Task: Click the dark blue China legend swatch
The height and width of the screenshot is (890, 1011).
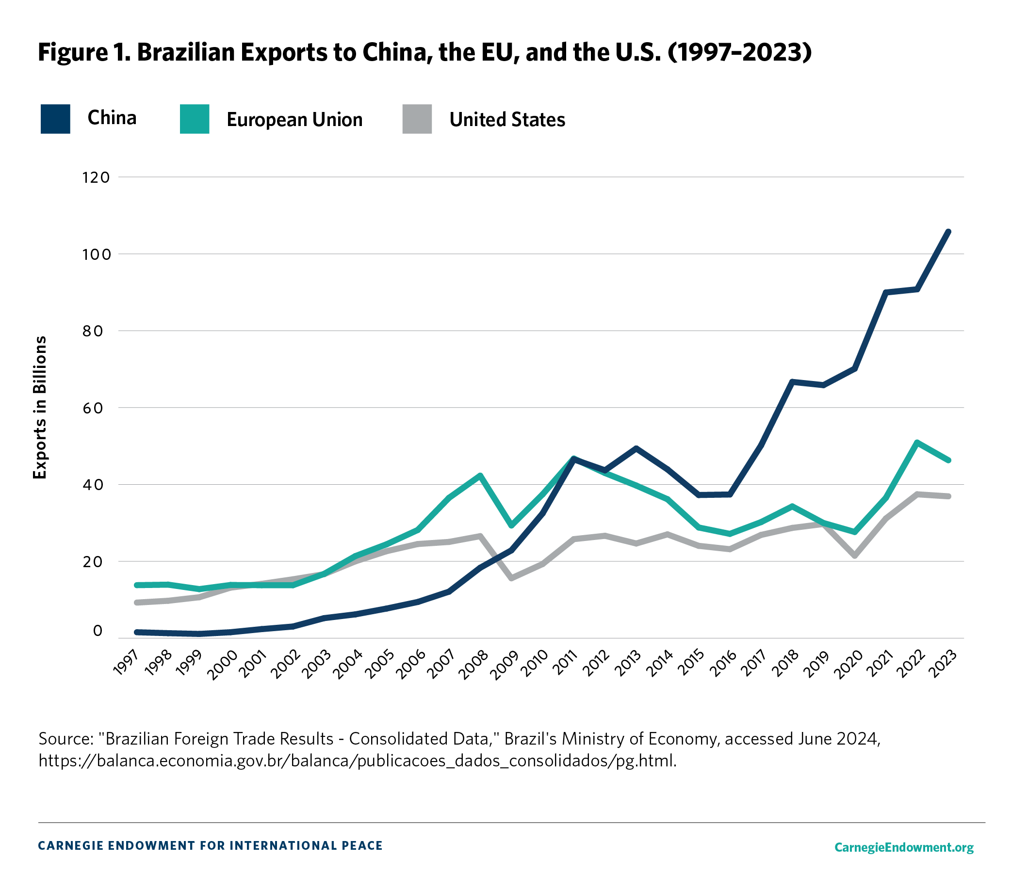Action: click(55, 119)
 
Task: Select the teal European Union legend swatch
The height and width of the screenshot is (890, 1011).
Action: click(195, 119)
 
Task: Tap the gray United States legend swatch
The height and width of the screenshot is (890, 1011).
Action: click(417, 119)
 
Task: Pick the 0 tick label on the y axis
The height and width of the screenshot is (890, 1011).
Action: click(98, 631)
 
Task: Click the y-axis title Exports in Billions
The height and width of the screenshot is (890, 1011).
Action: click(40, 407)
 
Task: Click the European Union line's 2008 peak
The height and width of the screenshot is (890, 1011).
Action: click(480, 475)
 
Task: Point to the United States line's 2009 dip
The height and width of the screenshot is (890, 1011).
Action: click(511, 578)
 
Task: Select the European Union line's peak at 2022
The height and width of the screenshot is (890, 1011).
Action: click(916, 442)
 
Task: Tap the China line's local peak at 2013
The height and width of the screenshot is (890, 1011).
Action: click(636, 448)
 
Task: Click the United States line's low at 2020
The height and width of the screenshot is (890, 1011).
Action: click(854, 556)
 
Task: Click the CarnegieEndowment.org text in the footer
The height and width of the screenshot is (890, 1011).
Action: click(904, 847)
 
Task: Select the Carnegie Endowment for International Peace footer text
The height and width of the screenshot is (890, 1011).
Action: click(210, 845)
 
